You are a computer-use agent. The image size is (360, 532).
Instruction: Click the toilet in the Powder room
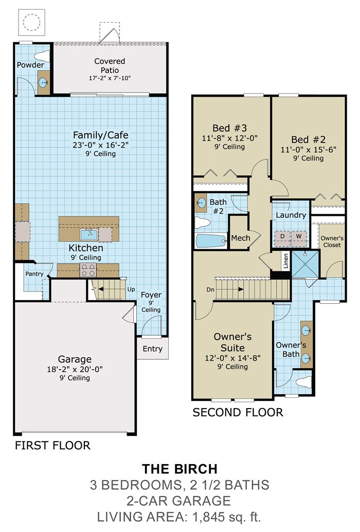click(x=42, y=57)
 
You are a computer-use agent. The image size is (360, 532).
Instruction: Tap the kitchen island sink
click(x=89, y=234)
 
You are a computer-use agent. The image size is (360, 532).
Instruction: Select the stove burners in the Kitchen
click(x=88, y=270)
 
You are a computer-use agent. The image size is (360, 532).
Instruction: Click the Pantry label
click(x=34, y=274)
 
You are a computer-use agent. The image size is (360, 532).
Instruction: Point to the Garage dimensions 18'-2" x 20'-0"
click(x=75, y=369)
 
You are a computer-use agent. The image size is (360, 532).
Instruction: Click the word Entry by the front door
click(x=153, y=349)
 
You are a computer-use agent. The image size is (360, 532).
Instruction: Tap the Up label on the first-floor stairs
click(x=131, y=289)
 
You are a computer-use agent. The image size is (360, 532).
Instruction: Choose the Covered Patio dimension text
click(x=110, y=78)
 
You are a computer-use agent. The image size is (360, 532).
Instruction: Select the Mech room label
click(x=241, y=238)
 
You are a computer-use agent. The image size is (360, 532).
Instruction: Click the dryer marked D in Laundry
click(x=282, y=236)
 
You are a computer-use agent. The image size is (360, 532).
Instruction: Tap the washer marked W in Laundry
click(x=299, y=236)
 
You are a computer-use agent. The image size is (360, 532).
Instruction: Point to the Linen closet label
click(x=285, y=261)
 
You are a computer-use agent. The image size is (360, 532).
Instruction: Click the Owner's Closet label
click(x=332, y=242)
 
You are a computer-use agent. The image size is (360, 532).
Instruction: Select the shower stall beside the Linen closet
click(x=305, y=264)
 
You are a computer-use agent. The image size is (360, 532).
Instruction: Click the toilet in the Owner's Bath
click(x=303, y=382)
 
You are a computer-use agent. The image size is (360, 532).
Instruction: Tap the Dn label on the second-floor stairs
click(x=210, y=290)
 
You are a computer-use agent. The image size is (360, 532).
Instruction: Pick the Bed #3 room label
click(x=229, y=129)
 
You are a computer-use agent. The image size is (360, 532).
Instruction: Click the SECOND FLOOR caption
click(x=238, y=412)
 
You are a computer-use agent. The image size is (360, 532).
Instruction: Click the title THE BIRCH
click(x=179, y=469)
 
